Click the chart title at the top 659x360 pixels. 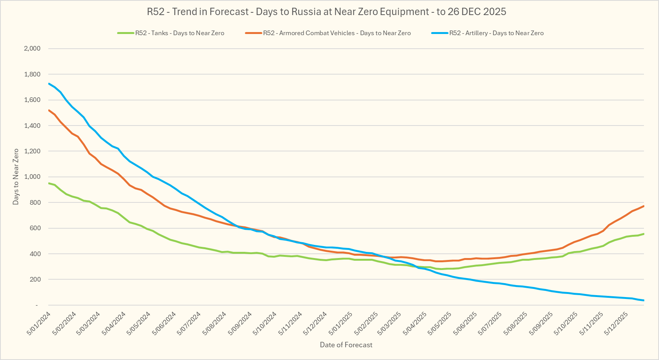326,12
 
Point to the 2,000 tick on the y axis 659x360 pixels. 32,49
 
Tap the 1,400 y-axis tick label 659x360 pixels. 32,126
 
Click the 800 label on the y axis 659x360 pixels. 35,202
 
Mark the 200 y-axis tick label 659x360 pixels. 35,279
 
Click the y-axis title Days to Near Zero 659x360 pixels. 16,177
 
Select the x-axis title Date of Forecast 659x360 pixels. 346,345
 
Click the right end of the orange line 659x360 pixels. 644,206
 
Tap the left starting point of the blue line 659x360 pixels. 49,83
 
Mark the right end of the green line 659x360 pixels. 644,234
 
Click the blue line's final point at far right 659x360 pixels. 644,300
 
